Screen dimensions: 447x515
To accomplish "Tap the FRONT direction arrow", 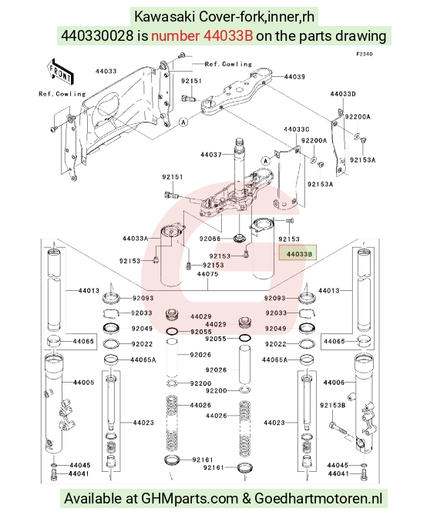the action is pos(60,72).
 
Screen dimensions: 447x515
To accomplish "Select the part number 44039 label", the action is pos(294,76).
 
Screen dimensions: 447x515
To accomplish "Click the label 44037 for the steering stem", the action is pos(211,155).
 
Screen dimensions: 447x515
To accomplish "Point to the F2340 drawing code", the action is pos(365,54).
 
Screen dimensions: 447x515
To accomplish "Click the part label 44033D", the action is pos(343,94).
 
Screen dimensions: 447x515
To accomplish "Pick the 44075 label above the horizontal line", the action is pos(207,274).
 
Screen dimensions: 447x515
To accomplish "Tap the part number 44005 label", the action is pos(83,383).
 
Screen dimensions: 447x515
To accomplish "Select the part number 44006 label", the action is pos(334,383).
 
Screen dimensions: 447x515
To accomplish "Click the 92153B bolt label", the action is pos(332,405).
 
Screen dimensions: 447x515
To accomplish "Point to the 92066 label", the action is pos(210,239).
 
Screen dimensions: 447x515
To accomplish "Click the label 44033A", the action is pos(135,239).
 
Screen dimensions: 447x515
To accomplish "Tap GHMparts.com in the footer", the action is pos(190,499).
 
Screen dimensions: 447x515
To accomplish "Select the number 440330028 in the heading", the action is pos(97,35).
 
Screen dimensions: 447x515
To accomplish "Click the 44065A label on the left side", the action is pos(143,360).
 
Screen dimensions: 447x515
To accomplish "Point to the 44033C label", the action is pos(297,129).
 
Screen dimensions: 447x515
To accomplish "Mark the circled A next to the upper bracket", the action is pos(183,122).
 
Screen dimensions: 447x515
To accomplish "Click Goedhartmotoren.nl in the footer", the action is pos(318,499).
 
